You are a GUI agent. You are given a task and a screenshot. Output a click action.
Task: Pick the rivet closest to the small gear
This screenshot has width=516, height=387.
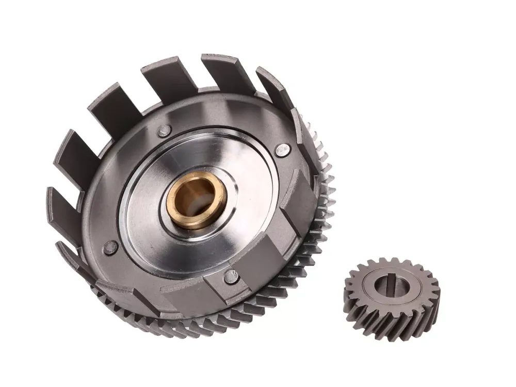231,276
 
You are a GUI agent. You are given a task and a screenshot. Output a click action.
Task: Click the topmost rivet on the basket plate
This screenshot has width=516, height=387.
164,130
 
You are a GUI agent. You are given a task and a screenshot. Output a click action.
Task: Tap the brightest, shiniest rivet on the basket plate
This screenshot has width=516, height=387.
282,150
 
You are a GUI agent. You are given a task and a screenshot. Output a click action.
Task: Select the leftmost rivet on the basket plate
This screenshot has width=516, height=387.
110,247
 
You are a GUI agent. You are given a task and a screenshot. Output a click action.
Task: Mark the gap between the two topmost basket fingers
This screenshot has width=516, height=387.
199,77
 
